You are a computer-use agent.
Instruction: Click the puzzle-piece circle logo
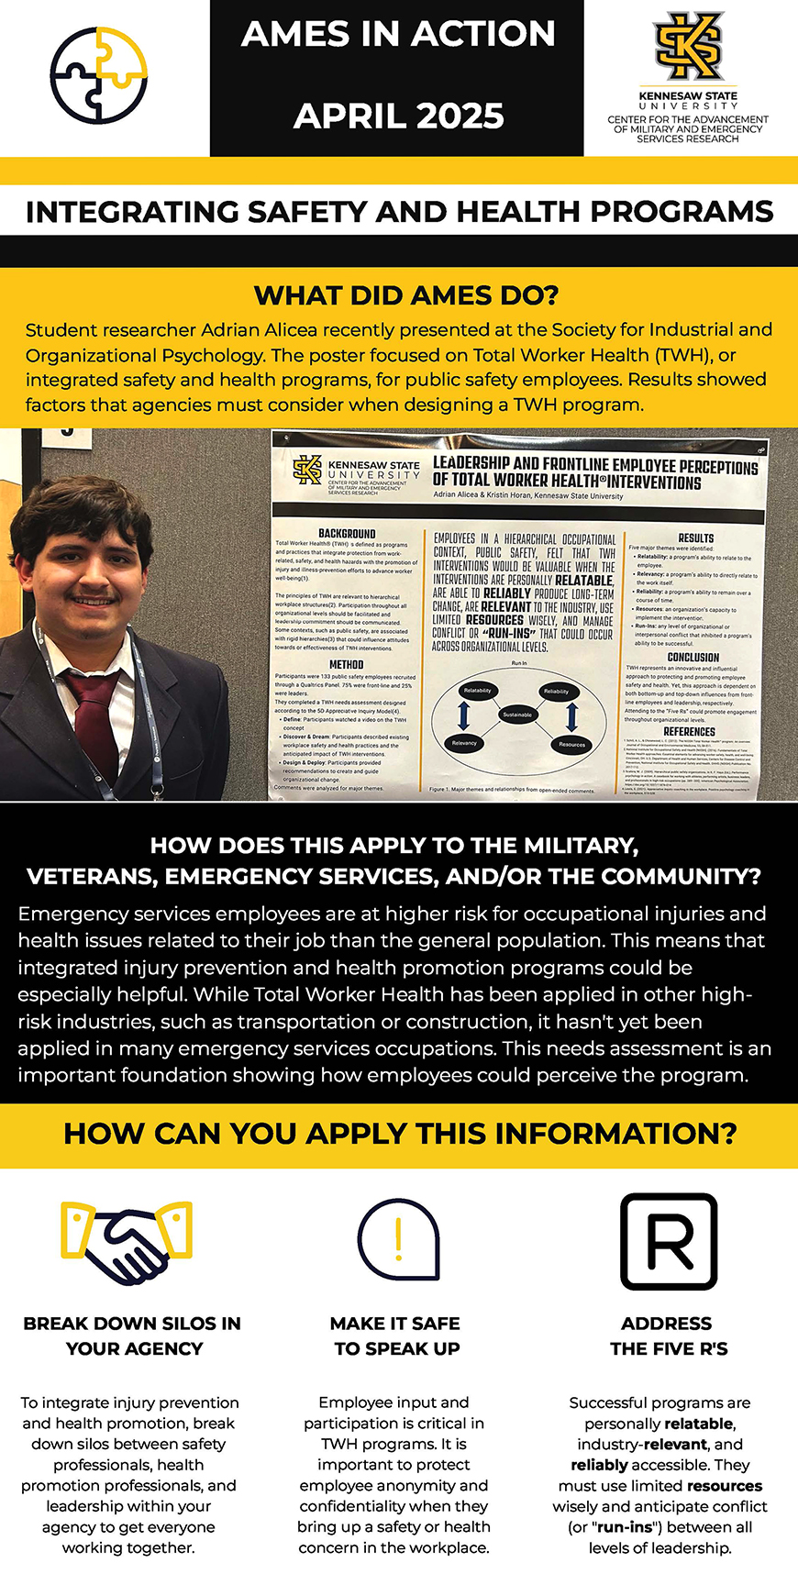[98, 75]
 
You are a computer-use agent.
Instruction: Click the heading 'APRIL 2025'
[398, 116]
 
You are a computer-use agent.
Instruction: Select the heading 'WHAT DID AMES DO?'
[398, 295]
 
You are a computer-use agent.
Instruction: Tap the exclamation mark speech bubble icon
[398, 1238]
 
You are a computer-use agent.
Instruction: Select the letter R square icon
[669, 1241]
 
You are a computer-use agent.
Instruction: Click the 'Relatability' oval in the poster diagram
[478, 690]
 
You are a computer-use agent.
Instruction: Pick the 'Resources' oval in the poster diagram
[571, 744]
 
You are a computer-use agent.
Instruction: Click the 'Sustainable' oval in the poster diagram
[517, 715]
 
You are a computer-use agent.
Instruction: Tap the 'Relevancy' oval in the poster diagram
[464, 743]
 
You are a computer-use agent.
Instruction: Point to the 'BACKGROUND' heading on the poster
[347, 533]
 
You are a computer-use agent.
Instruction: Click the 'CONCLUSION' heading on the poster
[693, 657]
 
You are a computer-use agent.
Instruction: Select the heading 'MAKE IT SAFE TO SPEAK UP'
[395, 1336]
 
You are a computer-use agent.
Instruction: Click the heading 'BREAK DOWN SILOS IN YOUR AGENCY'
[133, 1336]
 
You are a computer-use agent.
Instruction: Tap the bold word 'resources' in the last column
[725, 1485]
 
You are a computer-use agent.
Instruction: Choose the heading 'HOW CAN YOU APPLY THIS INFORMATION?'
[400, 1134]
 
